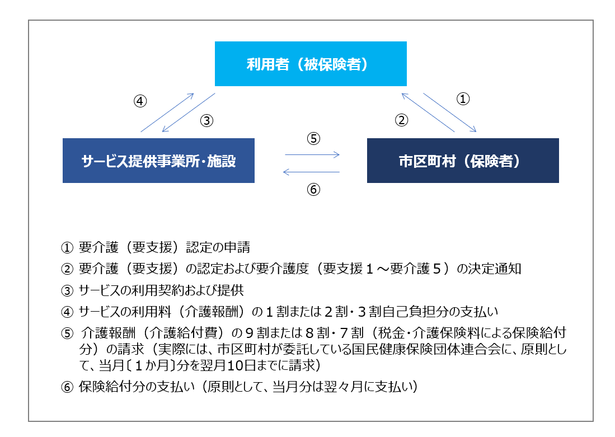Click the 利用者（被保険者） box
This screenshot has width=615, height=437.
[x=311, y=64]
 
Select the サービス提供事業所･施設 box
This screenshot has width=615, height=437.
[x=158, y=161]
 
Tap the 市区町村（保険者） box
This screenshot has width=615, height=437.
[x=463, y=161]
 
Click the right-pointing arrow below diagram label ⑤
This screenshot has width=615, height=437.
[x=312, y=154]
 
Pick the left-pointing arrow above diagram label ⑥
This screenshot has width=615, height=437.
[x=312, y=172]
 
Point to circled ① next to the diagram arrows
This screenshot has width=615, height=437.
[x=463, y=98]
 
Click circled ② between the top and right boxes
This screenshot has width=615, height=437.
[x=401, y=120]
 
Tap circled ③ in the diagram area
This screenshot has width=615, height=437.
[x=206, y=120]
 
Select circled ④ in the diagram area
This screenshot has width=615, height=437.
[x=140, y=101]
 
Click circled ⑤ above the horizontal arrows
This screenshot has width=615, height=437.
[x=313, y=138]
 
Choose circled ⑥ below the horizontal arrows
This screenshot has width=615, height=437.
[x=313, y=190]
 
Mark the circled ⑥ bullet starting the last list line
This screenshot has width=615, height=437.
[x=67, y=387]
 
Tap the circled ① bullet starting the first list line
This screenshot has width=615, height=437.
[x=67, y=247]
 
